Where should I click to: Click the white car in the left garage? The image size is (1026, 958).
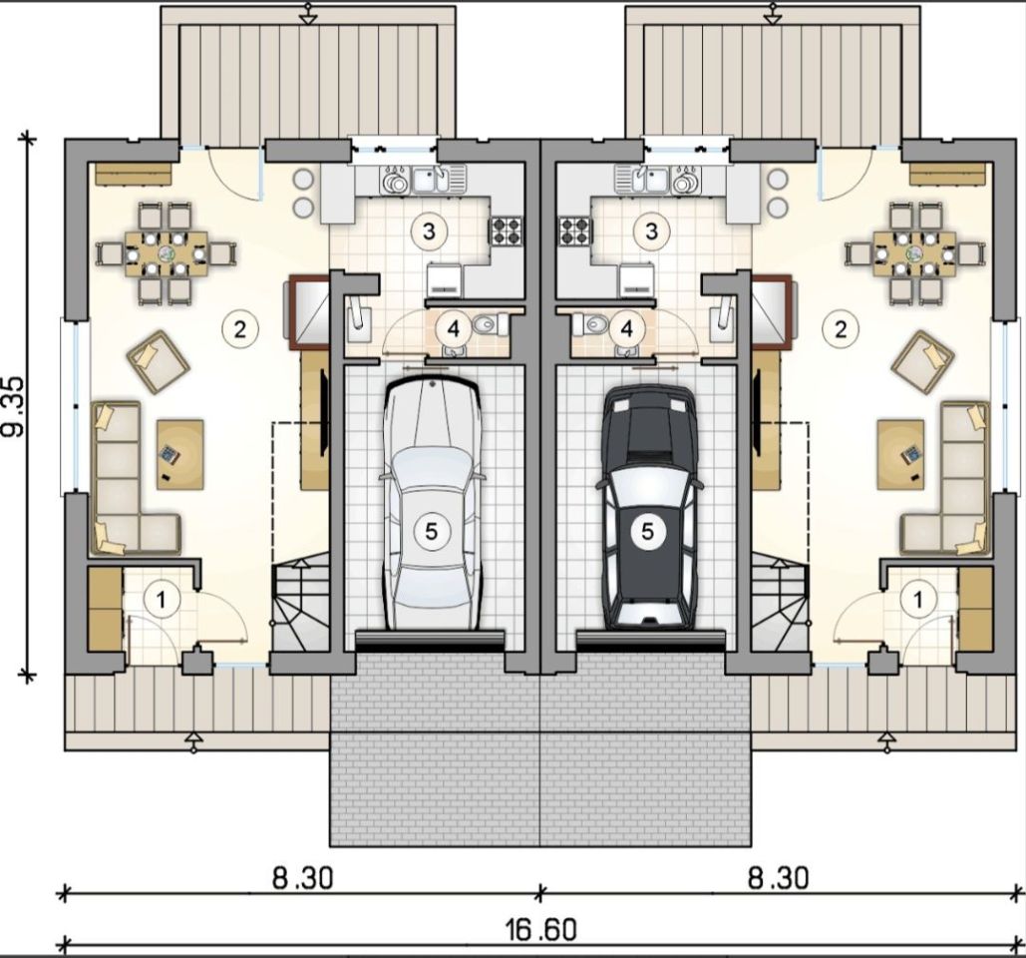431,504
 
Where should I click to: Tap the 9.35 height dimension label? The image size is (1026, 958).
14,406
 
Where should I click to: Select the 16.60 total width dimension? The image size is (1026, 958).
540,929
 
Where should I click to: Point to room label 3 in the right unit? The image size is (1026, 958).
651,231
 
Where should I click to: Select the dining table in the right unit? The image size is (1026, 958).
914,252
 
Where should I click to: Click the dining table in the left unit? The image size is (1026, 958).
167,252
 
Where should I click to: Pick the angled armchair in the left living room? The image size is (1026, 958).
158,363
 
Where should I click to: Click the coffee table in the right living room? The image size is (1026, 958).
900,454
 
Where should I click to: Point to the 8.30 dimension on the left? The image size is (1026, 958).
302,878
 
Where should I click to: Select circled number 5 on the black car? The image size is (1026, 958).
647,531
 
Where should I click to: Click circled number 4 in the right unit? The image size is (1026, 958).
626,329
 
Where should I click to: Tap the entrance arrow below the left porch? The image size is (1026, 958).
193,741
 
